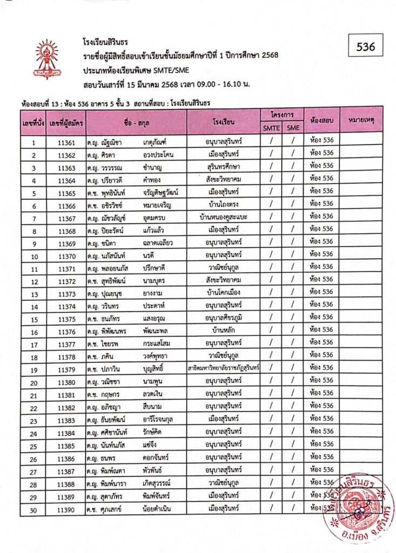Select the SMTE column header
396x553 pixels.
click(272, 128)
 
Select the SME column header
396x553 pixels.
click(293, 128)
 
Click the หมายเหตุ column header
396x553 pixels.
click(361, 119)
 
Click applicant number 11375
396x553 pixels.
click(66, 319)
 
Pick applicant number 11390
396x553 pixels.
click(66, 508)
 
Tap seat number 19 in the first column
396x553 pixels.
click(34, 370)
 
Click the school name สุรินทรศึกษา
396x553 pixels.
click(223, 166)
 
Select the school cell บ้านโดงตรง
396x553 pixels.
click(223, 206)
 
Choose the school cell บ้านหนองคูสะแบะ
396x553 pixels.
click(223, 218)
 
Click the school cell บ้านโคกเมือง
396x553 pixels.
click(223, 293)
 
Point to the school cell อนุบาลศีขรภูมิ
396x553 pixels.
click(223, 319)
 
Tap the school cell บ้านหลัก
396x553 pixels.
click(223, 331)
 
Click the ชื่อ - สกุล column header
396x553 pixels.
click(136, 122)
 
